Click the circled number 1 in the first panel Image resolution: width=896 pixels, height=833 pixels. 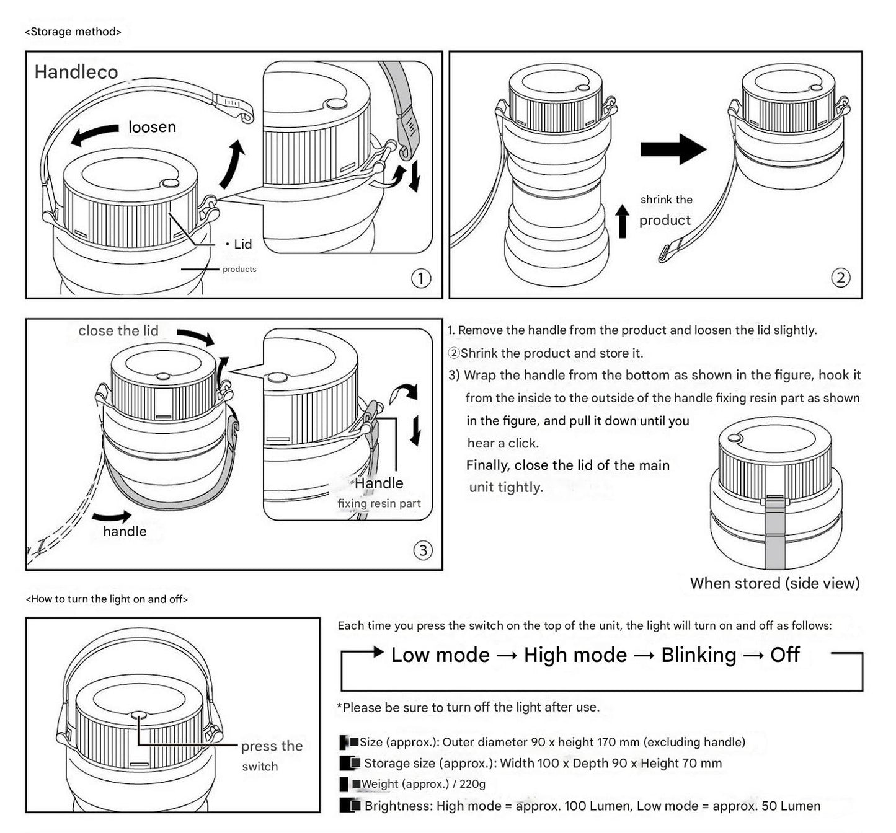tap(421, 278)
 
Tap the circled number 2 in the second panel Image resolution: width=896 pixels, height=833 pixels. tap(840, 278)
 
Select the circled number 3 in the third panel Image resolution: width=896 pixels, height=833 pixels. tap(423, 550)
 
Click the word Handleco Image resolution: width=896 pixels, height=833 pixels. tap(76, 72)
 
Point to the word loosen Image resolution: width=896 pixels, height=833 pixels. tap(152, 127)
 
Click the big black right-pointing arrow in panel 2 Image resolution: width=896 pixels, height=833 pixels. tap(673, 149)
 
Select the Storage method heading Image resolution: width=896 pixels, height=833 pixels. tap(73, 32)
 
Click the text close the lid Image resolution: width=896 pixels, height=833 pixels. tap(118, 331)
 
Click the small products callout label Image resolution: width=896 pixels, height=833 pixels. tap(239, 269)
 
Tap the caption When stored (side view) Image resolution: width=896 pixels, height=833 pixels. tap(774, 583)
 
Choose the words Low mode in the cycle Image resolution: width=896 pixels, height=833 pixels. tap(440, 655)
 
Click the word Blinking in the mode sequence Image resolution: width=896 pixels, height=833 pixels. tap(699, 655)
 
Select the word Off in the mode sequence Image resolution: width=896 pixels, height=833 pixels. tap(785, 655)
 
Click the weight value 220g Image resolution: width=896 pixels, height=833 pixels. tap(472, 784)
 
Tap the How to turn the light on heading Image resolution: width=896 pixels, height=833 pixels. tap(107, 599)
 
